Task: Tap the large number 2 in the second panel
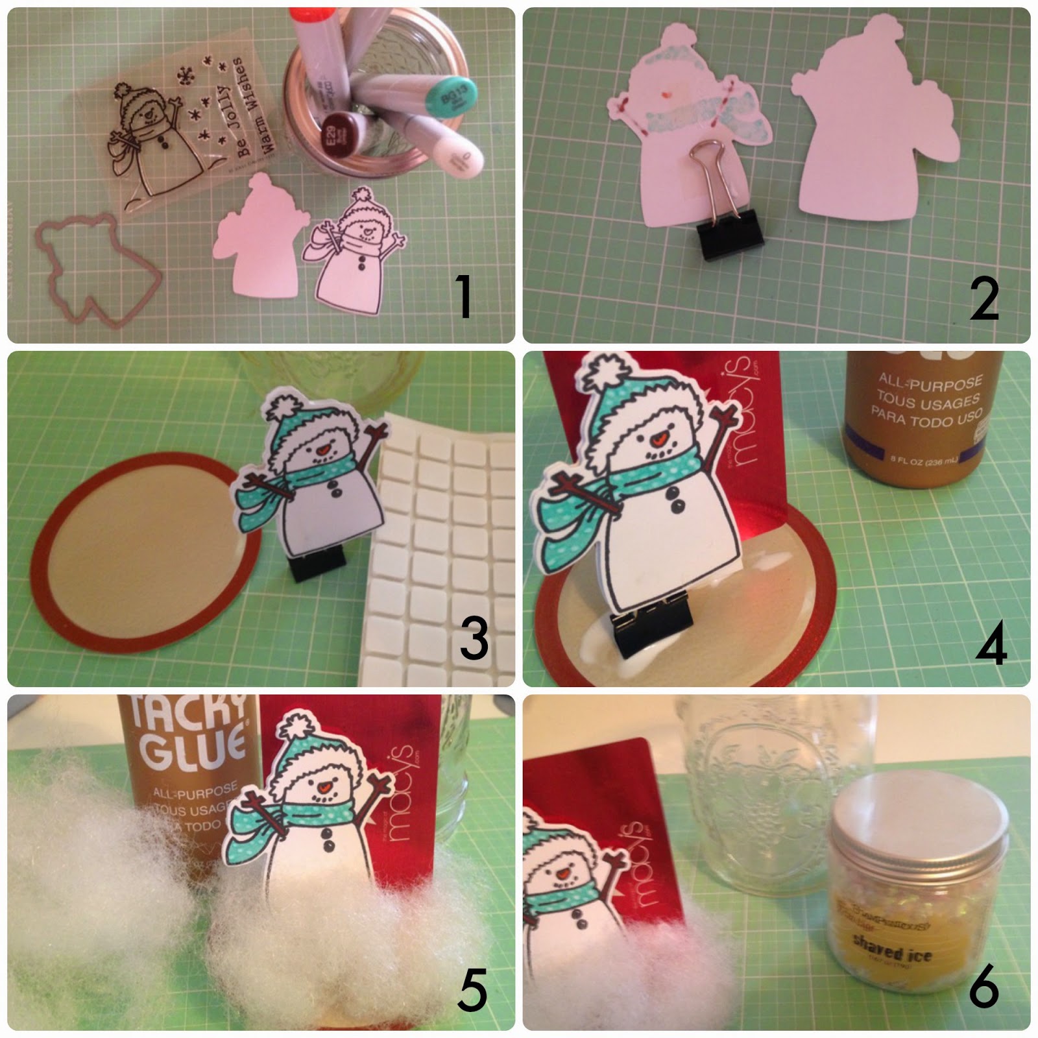point(984,298)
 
